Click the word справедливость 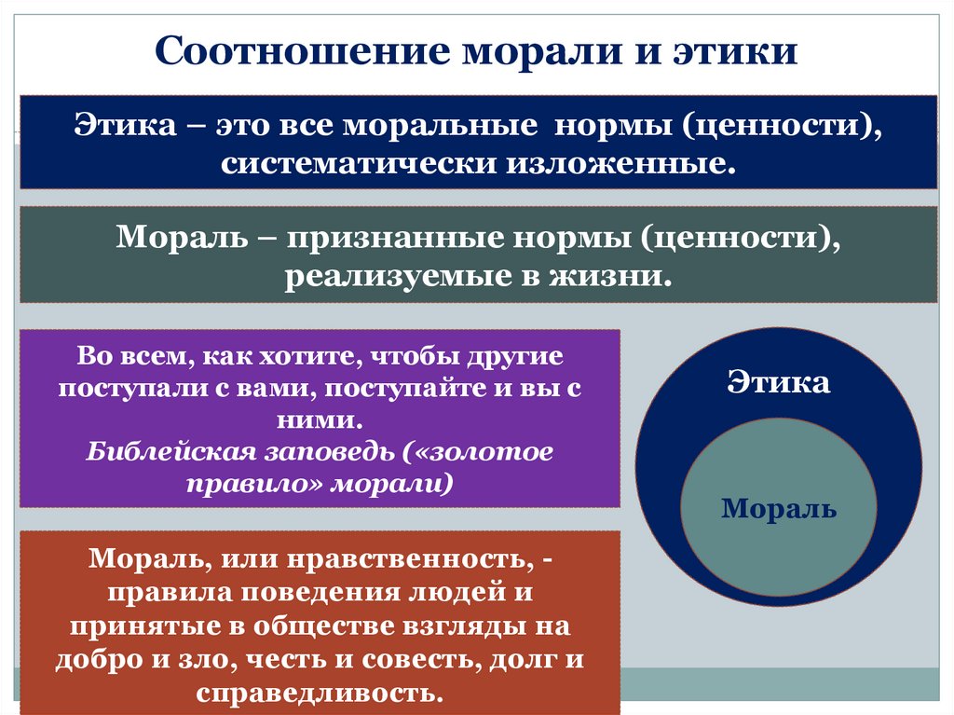pos(319,693)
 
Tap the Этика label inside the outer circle pos(778,382)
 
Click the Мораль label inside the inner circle pos(779,509)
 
